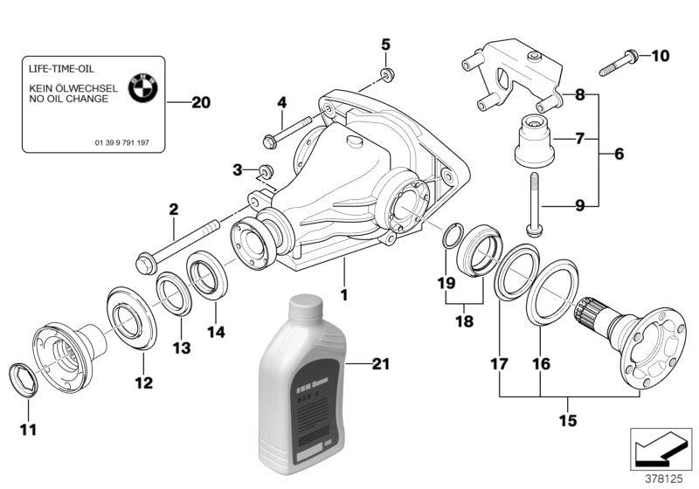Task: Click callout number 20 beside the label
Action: tap(200, 102)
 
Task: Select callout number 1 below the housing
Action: tap(344, 295)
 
